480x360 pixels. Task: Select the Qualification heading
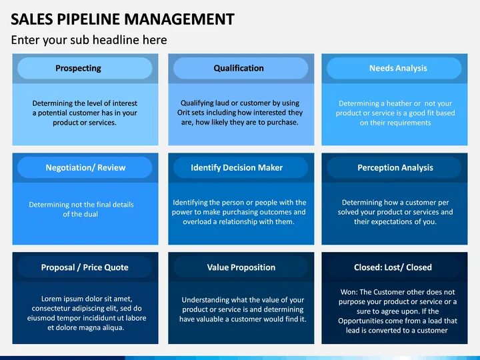point(239,68)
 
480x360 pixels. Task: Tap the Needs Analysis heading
point(398,68)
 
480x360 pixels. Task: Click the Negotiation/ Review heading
point(85,167)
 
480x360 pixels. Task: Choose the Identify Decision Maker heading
point(237,167)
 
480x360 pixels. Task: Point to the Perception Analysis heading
point(395,167)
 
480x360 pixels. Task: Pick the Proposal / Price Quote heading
point(85,267)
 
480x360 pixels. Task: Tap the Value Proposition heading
point(241,267)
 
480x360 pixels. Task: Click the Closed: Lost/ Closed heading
point(393,267)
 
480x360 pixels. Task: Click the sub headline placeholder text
point(89,40)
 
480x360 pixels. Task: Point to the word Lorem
point(52,299)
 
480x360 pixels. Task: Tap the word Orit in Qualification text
point(185,113)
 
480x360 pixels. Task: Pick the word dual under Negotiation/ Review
point(90,214)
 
